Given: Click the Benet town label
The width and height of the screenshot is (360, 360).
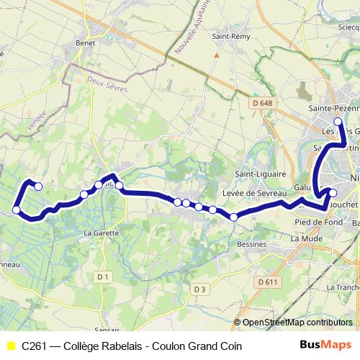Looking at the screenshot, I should tap(86, 43).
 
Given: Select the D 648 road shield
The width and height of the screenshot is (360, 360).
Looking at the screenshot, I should tap(264, 103).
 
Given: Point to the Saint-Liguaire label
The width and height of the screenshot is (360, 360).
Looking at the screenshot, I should tap(262, 174).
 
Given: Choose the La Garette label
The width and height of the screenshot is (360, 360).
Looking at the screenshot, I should tap(100, 233).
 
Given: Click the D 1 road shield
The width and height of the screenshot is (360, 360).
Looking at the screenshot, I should tap(104, 276).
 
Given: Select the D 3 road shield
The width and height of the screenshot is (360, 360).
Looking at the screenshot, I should tap(200, 289).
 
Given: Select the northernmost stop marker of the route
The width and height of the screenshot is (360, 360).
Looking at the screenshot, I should tap(338, 122).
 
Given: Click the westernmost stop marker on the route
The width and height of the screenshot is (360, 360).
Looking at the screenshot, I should tap(16, 210).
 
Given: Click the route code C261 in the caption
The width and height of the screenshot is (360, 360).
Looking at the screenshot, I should tap(36, 346).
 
